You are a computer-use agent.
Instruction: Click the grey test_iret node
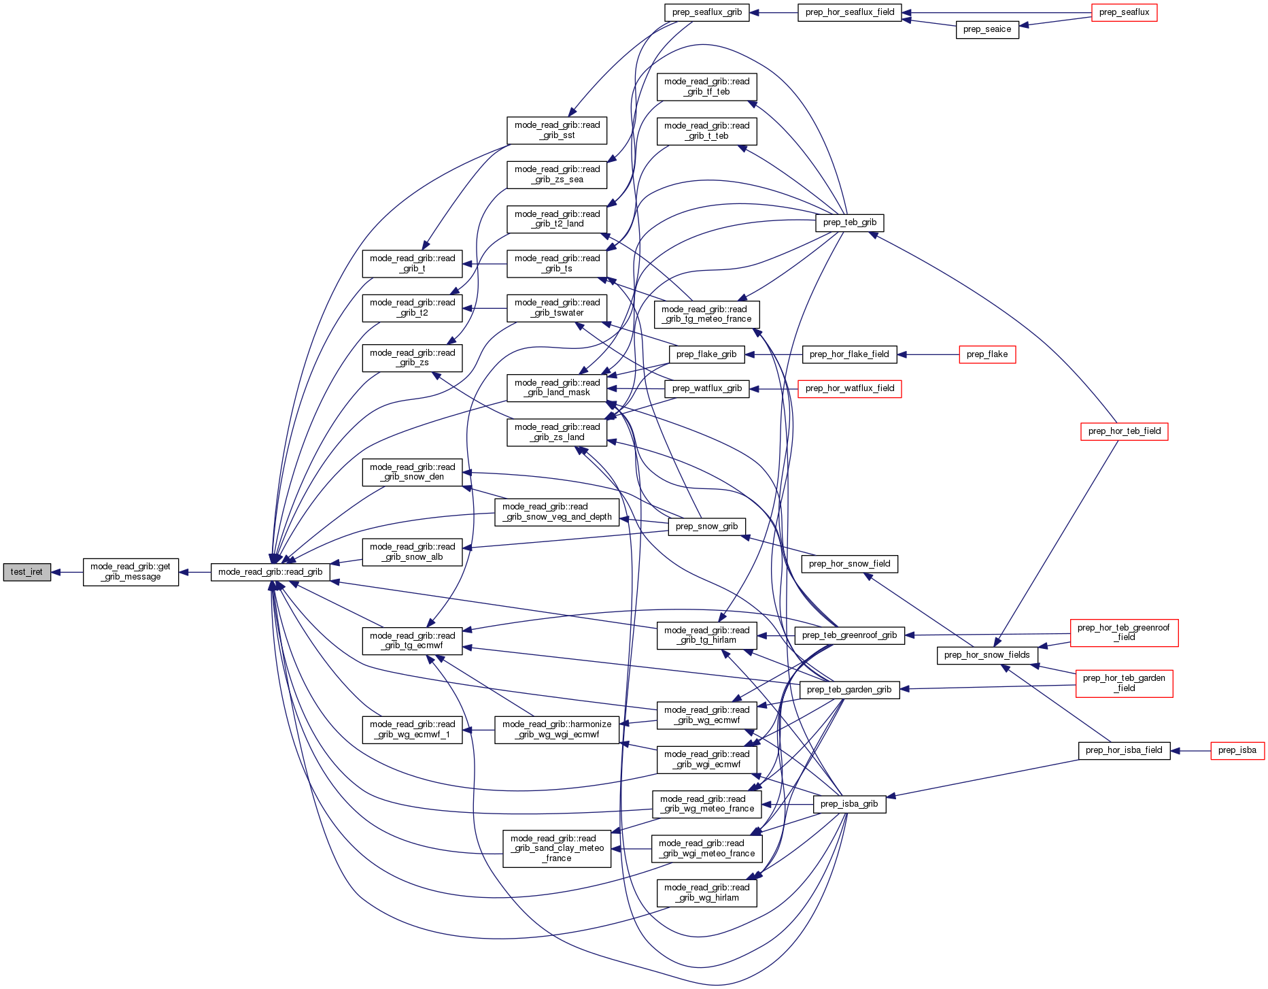[27, 572]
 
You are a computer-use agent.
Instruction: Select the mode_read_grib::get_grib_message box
[131, 572]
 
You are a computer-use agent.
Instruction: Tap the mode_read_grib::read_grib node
[270, 572]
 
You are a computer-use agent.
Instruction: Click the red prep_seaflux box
[1124, 12]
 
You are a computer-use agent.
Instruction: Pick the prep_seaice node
[987, 29]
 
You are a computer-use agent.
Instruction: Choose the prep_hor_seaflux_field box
[849, 12]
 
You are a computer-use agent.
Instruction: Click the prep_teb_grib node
[849, 222]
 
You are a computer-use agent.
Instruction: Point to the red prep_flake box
[987, 354]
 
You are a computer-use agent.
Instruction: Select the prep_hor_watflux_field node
[849, 388]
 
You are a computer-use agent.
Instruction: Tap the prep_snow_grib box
[706, 526]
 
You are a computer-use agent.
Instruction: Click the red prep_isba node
[1237, 750]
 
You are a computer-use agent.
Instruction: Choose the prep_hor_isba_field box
[1124, 750]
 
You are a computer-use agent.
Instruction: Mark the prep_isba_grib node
[849, 804]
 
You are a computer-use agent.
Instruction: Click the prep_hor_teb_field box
[1124, 431]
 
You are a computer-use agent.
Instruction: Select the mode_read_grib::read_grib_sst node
[557, 130]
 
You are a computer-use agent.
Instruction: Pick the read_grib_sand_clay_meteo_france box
[557, 848]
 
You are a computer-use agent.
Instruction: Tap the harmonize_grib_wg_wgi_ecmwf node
[557, 729]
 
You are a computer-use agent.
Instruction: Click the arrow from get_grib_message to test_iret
[67, 572]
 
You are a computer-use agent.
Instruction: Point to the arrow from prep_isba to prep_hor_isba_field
[1190, 750]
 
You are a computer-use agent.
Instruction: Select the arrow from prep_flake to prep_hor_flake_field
[928, 354]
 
